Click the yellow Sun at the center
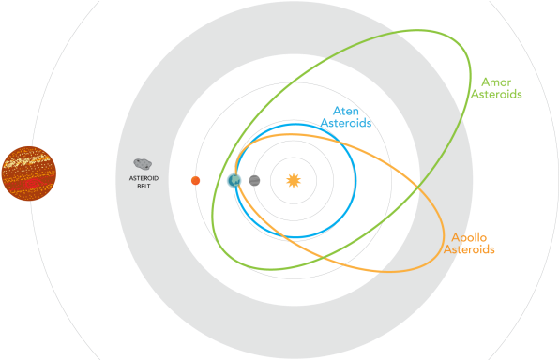click(293, 179)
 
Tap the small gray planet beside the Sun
click(254, 180)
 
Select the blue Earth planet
click(234, 179)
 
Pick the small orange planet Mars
click(195, 180)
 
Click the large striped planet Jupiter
click(28, 173)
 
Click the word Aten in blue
click(346, 110)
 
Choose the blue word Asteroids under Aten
click(346, 123)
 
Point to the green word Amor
click(495, 82)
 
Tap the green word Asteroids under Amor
click(495, 95)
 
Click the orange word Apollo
click(469, 237)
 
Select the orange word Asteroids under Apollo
click(469, 250)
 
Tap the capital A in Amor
click(484, 82)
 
